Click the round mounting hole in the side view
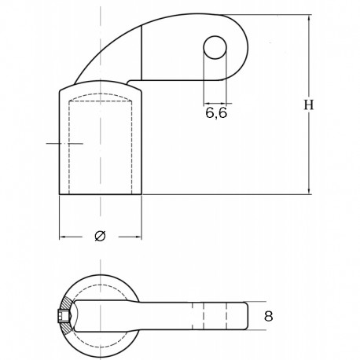point(215,49)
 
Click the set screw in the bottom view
point(63,317)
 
